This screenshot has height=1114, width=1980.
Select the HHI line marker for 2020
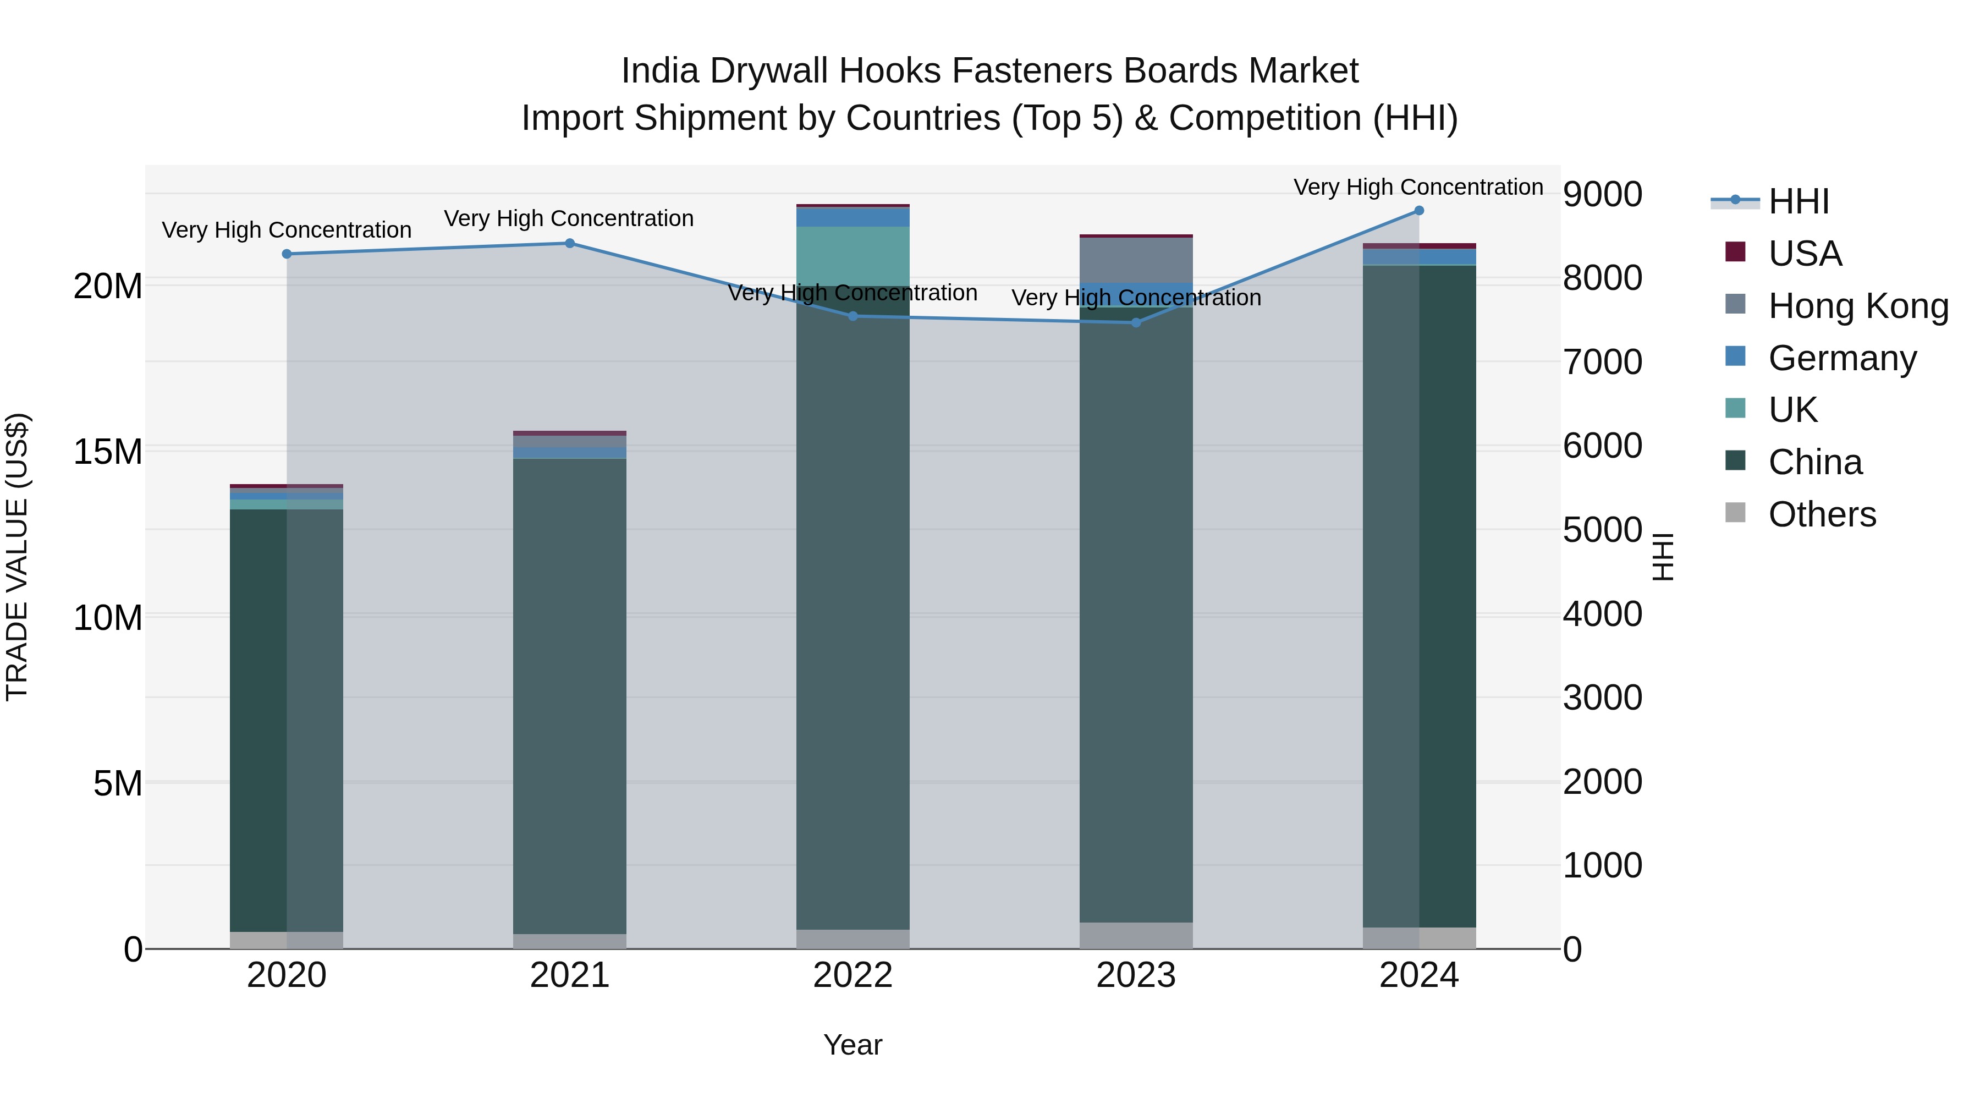[287, 254]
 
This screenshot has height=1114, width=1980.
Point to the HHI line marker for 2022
[853, 316]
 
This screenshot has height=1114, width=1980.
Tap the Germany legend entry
[1841, 358]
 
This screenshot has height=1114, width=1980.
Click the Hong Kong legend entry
[1857, 306]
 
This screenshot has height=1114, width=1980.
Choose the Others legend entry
[1822, 514]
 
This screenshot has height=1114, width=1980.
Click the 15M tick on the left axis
[108, 451]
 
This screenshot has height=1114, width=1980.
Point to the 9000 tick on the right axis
[1603, 195]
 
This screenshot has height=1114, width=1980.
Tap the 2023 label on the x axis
[1135, 975]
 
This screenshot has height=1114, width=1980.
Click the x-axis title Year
[853, 1045]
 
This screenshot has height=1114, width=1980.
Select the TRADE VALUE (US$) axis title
[17, 557]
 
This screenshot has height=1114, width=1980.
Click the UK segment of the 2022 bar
[853, 256]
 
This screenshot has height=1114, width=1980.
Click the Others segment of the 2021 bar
[570, 941]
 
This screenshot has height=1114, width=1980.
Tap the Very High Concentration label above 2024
[1418, 187]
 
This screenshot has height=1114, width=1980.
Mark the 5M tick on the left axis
[118, 783]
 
